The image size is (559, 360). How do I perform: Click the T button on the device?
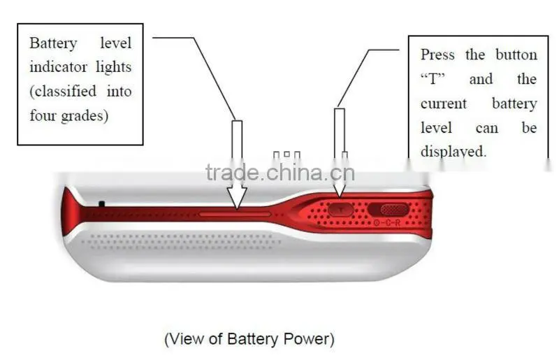(x=341, y=210)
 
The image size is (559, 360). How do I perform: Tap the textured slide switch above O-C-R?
(x=395, y=210)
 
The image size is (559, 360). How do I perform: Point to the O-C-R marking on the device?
(x=387, y=223)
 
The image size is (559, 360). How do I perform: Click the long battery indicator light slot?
(x=235, y=215)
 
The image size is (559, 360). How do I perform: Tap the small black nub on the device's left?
(x=101, y=203)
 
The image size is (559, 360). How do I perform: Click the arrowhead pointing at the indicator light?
(x=237, y=197)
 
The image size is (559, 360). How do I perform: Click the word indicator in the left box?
(x=58, y=67)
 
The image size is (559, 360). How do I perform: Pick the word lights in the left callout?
(x=114, y=68)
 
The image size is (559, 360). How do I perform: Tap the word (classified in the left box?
(x=63, y=92)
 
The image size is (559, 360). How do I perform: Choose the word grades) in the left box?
(x=85, y=116)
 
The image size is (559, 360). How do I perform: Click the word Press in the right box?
(x=437, y=55)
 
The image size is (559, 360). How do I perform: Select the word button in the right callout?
(x=516, y=55)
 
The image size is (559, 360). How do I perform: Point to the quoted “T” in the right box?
(x=433, y=79)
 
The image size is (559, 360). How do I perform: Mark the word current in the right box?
(x=444, y=104)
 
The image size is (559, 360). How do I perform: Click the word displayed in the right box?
(x=453, y=152)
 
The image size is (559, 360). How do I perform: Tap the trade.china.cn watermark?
(x=280, y=173)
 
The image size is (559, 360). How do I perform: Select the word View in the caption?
(x=188, y=338)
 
